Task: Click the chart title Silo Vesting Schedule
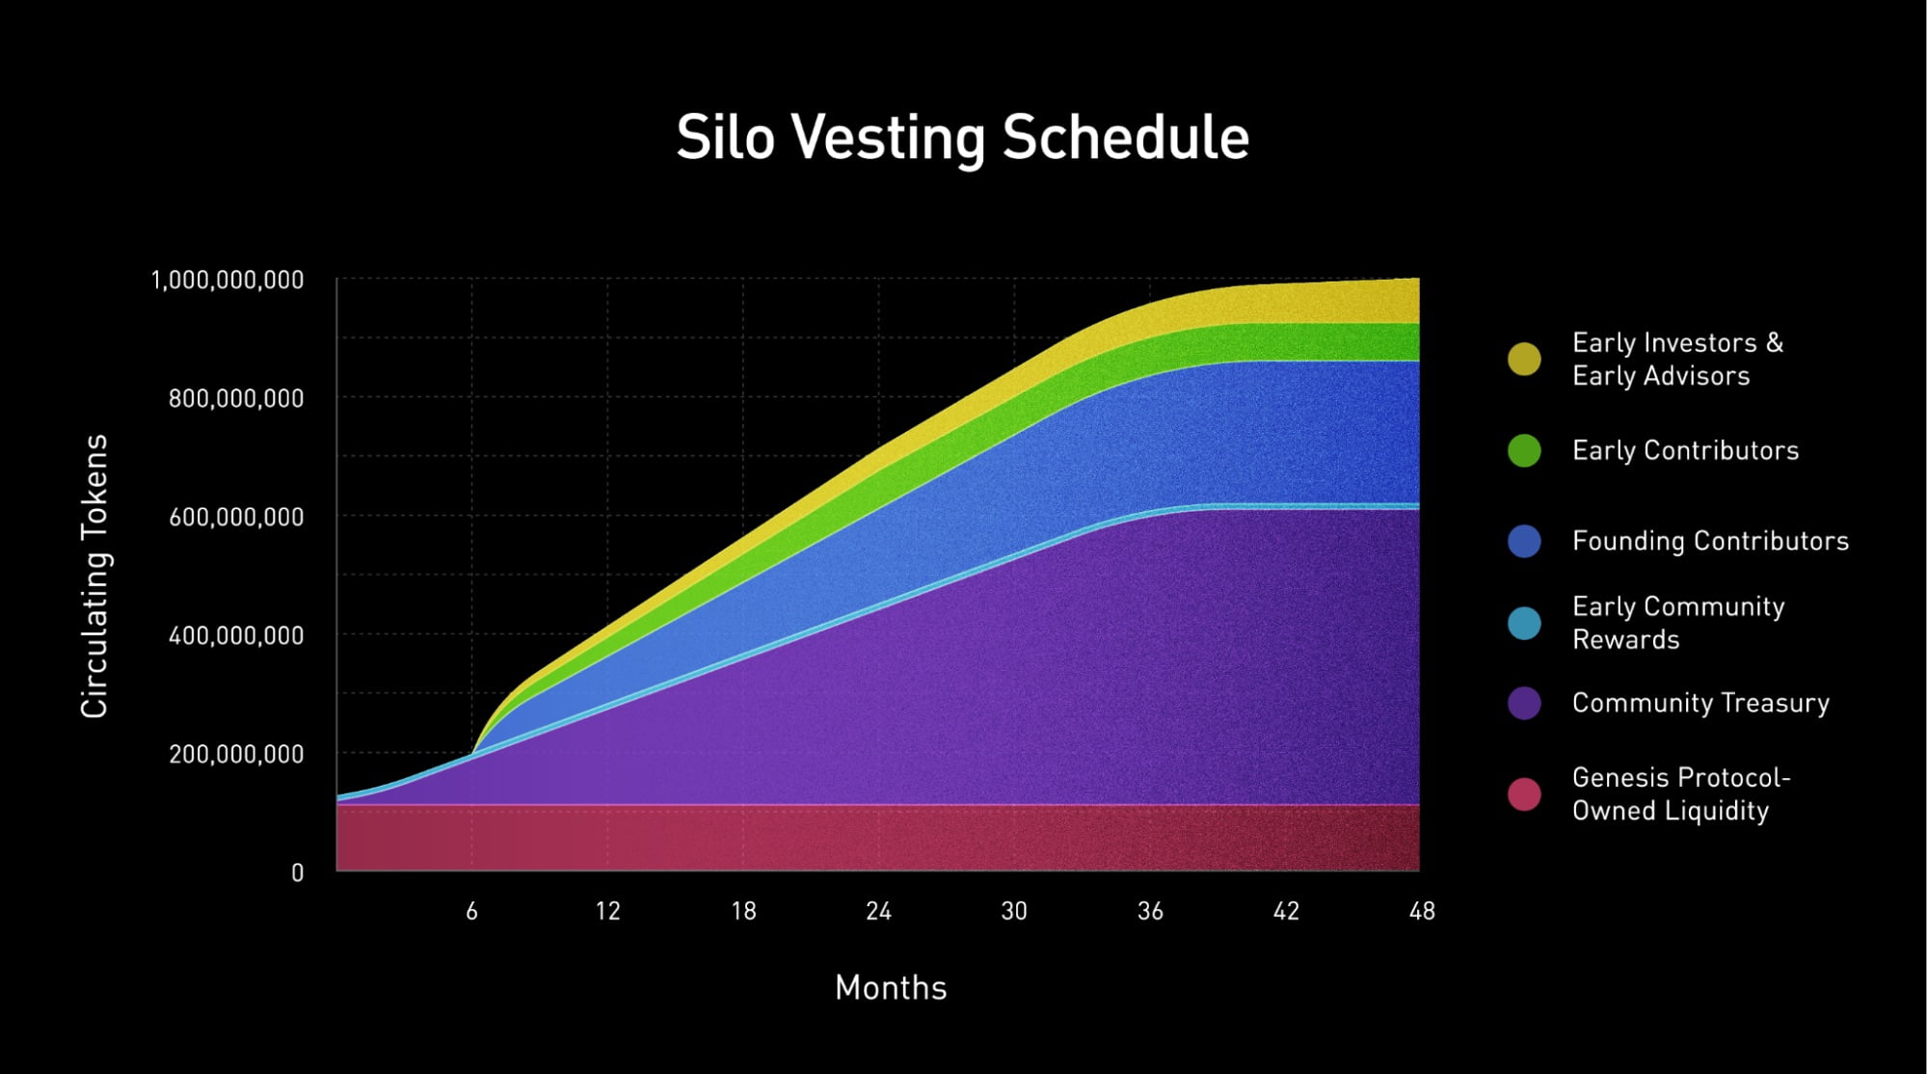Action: [962, 138]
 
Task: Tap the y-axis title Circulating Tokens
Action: [94, 576]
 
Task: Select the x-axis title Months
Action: [891, 988]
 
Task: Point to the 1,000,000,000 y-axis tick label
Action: [227, 281]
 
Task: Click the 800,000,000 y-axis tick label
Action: [236, 398]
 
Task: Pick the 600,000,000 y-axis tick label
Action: [236, 517]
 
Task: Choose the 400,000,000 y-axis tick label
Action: [236, 635]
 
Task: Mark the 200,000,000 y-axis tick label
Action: [236, 754]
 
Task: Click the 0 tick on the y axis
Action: [297, 873]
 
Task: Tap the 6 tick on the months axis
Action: [471, 911]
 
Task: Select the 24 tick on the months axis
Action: [878, 911]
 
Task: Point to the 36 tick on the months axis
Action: [1150, 911]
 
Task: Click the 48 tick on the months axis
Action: [1422, 911]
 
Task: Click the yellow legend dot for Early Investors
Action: [1524, 359]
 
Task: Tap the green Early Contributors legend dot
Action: [1524, 450]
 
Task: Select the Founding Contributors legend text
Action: [1710, 541]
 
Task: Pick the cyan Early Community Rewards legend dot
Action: [1524, 623]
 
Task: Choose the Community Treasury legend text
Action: [1700, 703]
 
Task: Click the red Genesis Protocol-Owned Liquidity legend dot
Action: [1524, 794]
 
